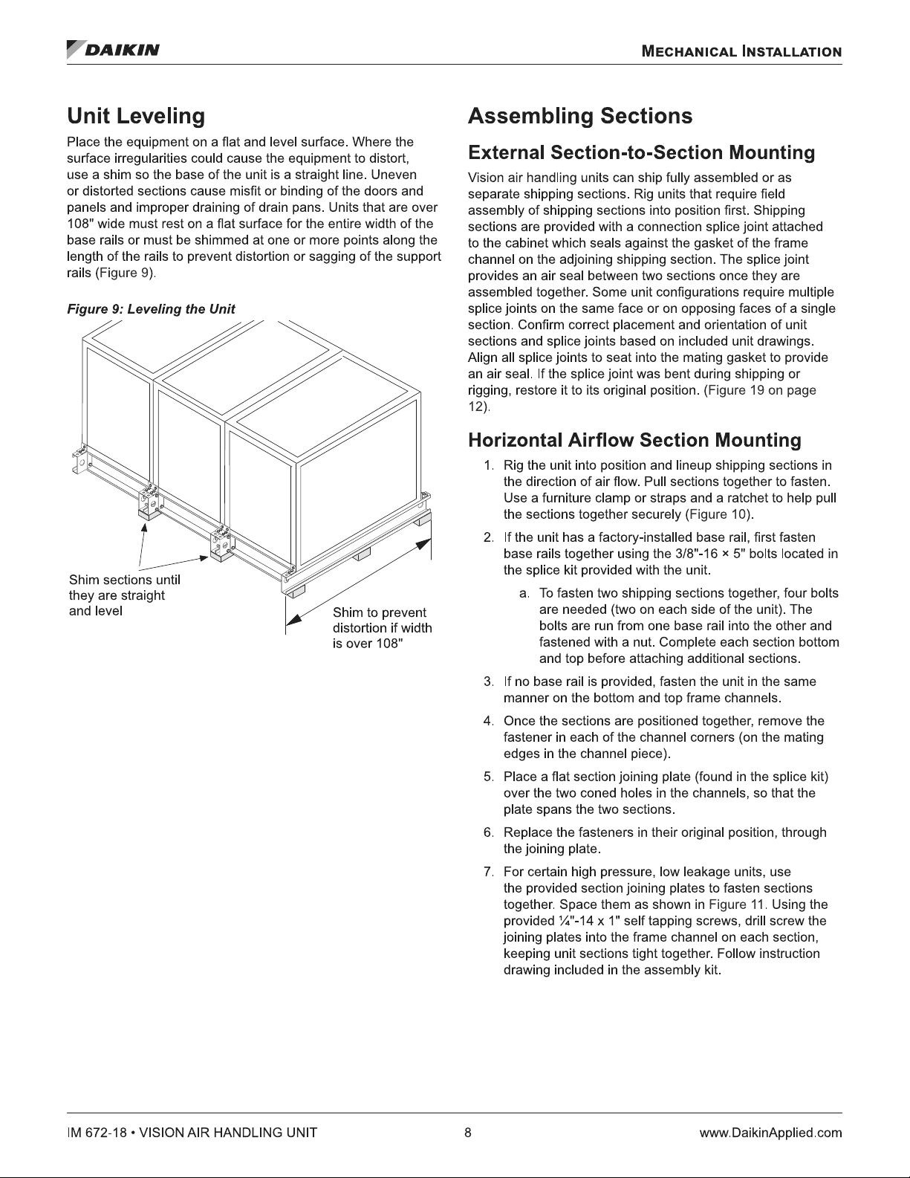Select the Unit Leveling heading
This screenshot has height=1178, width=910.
135,117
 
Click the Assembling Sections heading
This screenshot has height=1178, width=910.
579,117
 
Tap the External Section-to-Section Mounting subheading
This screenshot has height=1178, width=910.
641,153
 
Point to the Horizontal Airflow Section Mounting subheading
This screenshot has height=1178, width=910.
634,441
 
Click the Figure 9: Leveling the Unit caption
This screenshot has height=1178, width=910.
151,309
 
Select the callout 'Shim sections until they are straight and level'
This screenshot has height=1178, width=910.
124,595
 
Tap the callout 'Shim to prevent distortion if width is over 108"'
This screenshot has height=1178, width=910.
382,628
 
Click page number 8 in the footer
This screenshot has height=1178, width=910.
468,1133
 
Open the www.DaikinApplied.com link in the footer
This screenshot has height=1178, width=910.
770,1133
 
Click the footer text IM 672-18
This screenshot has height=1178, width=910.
95,1133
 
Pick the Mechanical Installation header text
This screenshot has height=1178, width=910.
741,52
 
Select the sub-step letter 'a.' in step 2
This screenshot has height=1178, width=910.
524,593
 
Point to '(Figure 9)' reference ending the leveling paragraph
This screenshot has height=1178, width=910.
125,274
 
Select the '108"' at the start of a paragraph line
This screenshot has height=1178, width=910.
79,224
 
